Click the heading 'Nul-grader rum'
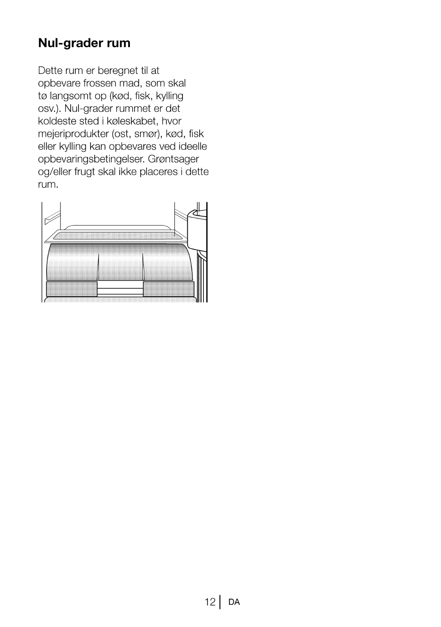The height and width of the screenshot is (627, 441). [x=84, y=43]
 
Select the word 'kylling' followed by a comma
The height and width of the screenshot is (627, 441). [x=170, y=96]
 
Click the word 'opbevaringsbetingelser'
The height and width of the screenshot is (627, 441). [x=91, y=159]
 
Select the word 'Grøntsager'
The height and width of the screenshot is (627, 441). [x=174, y=159]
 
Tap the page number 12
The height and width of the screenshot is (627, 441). [x=210, y=602]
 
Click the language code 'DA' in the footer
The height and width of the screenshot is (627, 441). [x=234, y=602]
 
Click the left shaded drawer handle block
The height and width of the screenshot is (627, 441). [x=72, y=289]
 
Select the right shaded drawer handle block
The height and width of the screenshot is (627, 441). [x=168, y=289]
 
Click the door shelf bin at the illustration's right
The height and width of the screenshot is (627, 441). [x=198, y=231]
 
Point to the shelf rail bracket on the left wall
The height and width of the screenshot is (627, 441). [x=52, y=216]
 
